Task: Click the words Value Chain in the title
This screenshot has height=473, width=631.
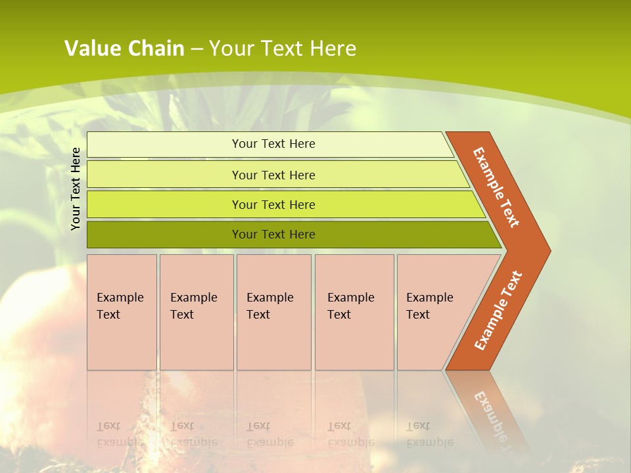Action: (124, 48)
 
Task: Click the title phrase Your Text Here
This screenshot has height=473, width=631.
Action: (283, 48)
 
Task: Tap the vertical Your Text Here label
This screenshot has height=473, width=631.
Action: (76, 189)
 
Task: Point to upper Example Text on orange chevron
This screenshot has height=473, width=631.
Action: (496, 187)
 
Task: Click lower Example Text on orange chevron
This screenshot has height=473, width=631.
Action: (498, 311)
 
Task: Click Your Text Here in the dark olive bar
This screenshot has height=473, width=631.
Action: (273, 235)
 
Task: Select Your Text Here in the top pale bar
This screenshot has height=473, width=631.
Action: (273, 144)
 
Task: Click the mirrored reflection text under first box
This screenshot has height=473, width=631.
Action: (120, 434)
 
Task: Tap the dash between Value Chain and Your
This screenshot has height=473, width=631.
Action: (197, 49)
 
